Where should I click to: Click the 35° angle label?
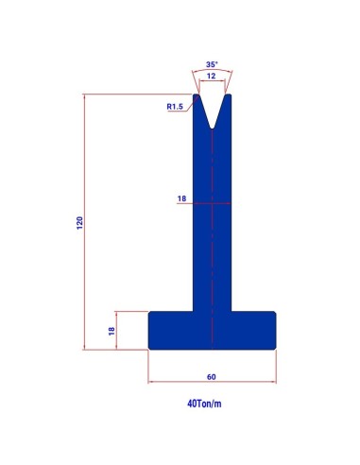coord(212,64)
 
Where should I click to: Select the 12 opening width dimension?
coord(212,76)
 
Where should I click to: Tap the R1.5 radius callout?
coord(175,107)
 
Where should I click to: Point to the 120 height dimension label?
coord(80,223)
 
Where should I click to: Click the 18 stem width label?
coord(181,198)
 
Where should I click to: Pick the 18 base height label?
coord(111,331)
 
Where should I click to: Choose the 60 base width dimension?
coord(212,377)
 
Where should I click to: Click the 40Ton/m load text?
coord(204,404)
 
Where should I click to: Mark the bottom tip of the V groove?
coord(213,129)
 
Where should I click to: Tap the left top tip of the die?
coord(196,95)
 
